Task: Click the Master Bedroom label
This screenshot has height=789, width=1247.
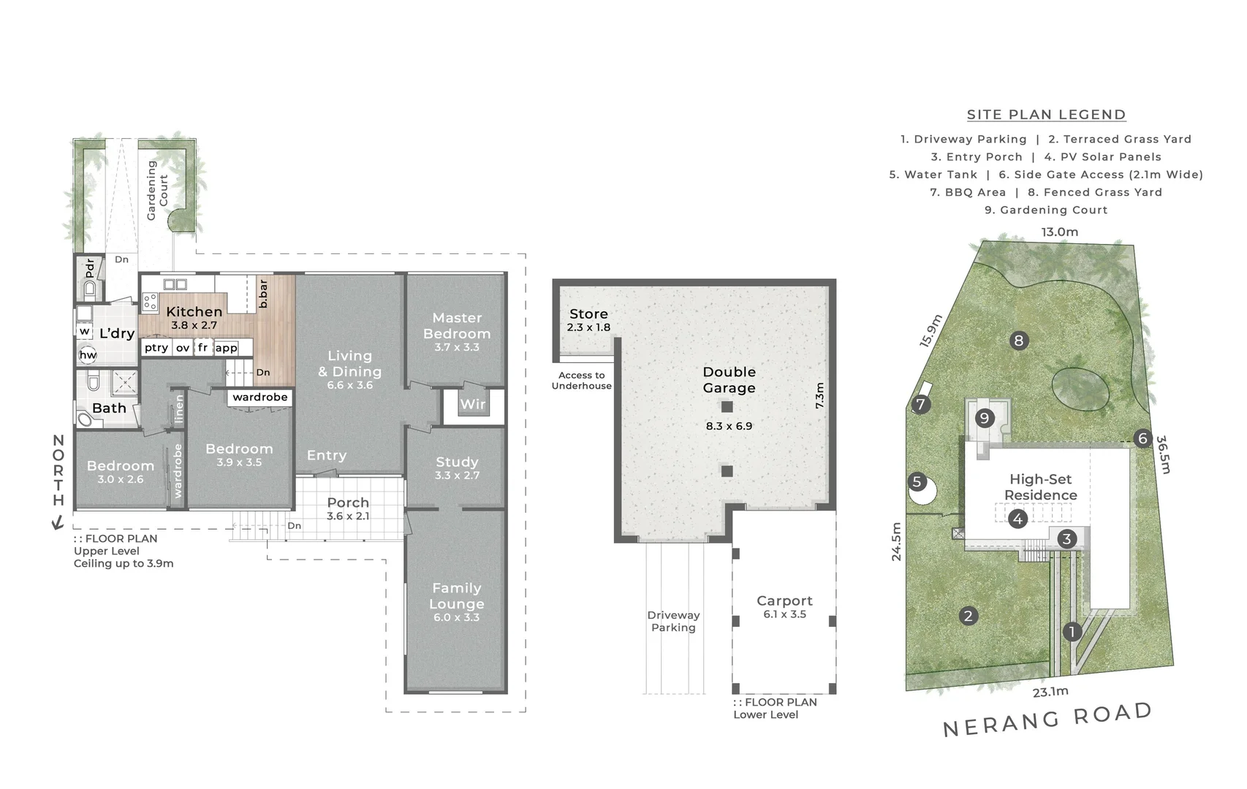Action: pos(457,326)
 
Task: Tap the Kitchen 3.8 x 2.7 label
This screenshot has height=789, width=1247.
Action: pos(194,317)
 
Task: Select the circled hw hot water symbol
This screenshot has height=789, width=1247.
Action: pos(88,355)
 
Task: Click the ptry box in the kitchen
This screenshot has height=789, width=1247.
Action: pos(156,348)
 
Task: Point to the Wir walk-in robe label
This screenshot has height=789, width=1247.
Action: pos(472,404)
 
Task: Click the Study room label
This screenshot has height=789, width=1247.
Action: pos(457,462)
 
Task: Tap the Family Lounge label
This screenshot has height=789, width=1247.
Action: pos(456,596)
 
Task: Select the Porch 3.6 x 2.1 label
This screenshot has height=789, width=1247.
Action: pos(348,508)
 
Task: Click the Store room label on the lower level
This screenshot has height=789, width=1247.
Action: pos(588,314)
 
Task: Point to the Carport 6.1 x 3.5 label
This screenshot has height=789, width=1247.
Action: pos(784,606)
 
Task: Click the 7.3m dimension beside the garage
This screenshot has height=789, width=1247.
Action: pos(819,395)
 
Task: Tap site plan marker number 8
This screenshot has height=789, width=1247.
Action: pos(1018,340)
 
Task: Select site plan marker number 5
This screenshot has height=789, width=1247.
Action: pos(917,482)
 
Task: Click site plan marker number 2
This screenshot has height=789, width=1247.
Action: pos(968,616)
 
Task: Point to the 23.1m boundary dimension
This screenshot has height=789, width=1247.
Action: pos(1050,691)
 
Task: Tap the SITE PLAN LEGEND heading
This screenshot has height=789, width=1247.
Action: pos(1046,115)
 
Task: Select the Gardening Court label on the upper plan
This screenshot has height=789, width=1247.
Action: pos(157,190)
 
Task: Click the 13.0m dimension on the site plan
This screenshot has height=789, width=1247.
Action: pos(1059,232)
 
